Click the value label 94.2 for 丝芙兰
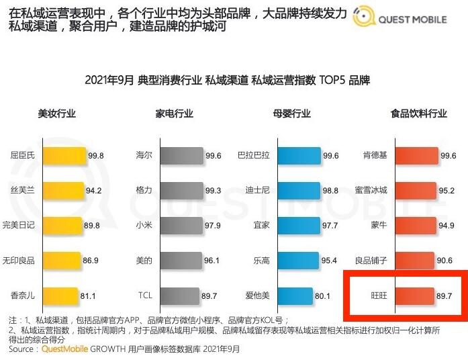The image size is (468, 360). coord(94,190)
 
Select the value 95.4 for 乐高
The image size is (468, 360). coord(330,260)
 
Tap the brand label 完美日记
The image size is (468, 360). coord(19,225)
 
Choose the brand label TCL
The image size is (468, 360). coord(145,295)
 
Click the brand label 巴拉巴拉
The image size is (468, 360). coord(254,155)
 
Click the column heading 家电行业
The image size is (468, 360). coord(175,114)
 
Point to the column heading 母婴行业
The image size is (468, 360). coord(292,114)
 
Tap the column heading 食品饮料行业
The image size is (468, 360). coord(418,114)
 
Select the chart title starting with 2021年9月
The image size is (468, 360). coord(228,80)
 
